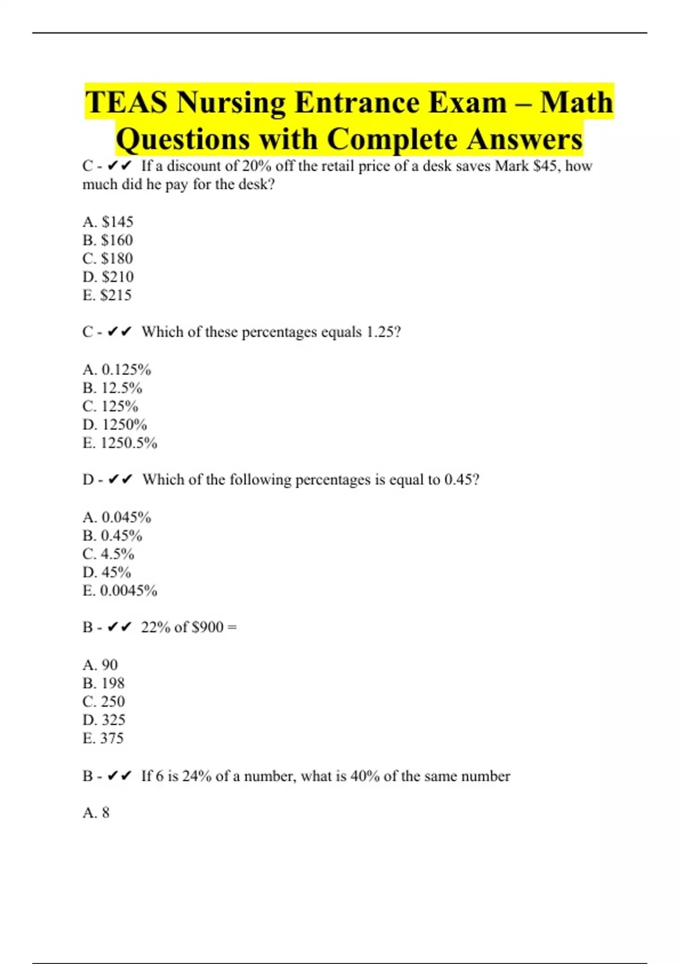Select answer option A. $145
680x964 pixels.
(108, 222)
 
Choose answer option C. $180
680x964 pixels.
(108, 259)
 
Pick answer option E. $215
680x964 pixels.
(107, 295)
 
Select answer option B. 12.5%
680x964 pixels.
(112, 388)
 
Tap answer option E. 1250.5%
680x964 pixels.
(120, 443)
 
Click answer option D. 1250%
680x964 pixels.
(114, 425)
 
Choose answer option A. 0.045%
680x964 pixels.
(117, 517)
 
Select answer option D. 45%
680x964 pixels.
(107, 572)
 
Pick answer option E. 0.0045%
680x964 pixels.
(120, 591)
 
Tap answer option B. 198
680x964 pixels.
(103, 683)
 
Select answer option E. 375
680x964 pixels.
(103, 738)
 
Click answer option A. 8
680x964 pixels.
(96, 813)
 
